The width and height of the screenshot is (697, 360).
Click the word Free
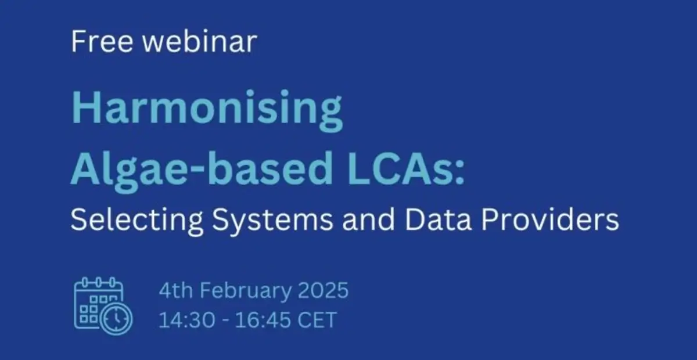pyautogui.click(x=102, y=41)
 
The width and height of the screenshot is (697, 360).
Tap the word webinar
pyautogui.click(x=200, y=41)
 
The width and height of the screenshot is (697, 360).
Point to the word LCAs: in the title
pyautogui.click(x=406, y=168)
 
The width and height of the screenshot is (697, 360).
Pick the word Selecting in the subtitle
pyautogui.click(x=137, y=221)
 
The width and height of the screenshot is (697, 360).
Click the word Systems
pyautogui.click(x=272, y=221)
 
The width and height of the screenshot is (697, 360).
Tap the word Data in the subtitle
pyautogui.click(x=439, y=219)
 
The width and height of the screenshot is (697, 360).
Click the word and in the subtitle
pyautogui.click(x=369, y=219)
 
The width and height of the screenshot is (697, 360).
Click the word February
pyautogui.click(x=246, y=291)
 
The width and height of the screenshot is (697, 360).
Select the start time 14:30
pyautogui.click(x=186, y=319)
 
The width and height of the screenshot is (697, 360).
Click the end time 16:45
pyautogui.click(x=263, y=319)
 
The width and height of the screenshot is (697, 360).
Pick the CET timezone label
pyautogui.click(x=317, y=319)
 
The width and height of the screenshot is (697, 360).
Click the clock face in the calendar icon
pyautogui.click(x=116, y=318)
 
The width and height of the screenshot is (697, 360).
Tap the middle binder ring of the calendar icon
pyautogui.click(x=98, y=283)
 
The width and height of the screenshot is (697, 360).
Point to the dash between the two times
pyautogui.click(x=225, y=321)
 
